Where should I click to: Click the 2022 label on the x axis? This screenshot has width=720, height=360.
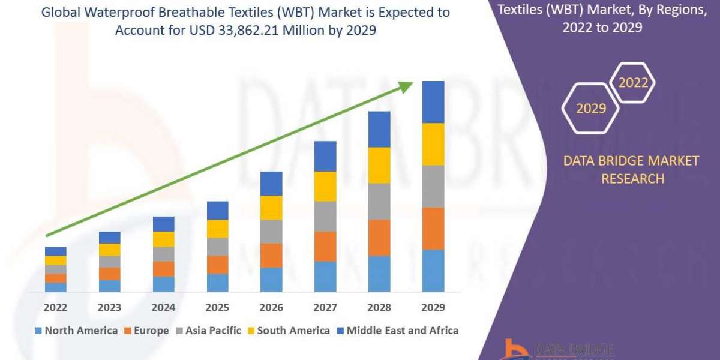55,307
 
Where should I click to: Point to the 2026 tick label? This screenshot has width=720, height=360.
271,307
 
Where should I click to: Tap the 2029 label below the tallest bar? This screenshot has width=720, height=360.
433,307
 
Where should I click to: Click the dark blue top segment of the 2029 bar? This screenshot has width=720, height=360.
433,102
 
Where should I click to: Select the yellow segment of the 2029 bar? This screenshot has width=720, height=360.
433,144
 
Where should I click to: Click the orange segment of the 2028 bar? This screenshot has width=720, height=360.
379,238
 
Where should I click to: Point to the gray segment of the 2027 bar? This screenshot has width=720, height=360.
325,216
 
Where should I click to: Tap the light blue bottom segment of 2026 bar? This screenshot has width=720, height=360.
271,280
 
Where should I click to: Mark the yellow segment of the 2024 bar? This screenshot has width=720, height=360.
163,239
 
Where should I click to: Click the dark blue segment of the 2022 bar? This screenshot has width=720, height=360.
55,251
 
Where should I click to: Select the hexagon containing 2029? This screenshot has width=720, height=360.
590,109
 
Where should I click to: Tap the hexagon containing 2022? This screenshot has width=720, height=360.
633,83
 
